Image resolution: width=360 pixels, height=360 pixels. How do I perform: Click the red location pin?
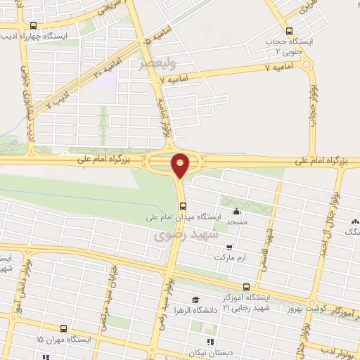coord(181,165)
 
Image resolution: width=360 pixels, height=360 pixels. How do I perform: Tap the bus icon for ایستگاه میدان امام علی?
coord(183,205)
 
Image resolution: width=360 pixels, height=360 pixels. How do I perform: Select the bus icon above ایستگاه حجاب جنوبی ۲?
coord(289,31)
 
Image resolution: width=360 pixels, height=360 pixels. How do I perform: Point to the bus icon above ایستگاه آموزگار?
coord(246,287)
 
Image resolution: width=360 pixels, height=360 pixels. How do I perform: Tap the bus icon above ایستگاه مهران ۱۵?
coord(64,328)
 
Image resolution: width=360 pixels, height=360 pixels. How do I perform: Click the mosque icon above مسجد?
coord(236,211)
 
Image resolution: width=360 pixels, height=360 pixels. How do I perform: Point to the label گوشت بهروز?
coord(303,309)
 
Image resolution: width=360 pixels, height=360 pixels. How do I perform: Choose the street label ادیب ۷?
coord(58,99)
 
